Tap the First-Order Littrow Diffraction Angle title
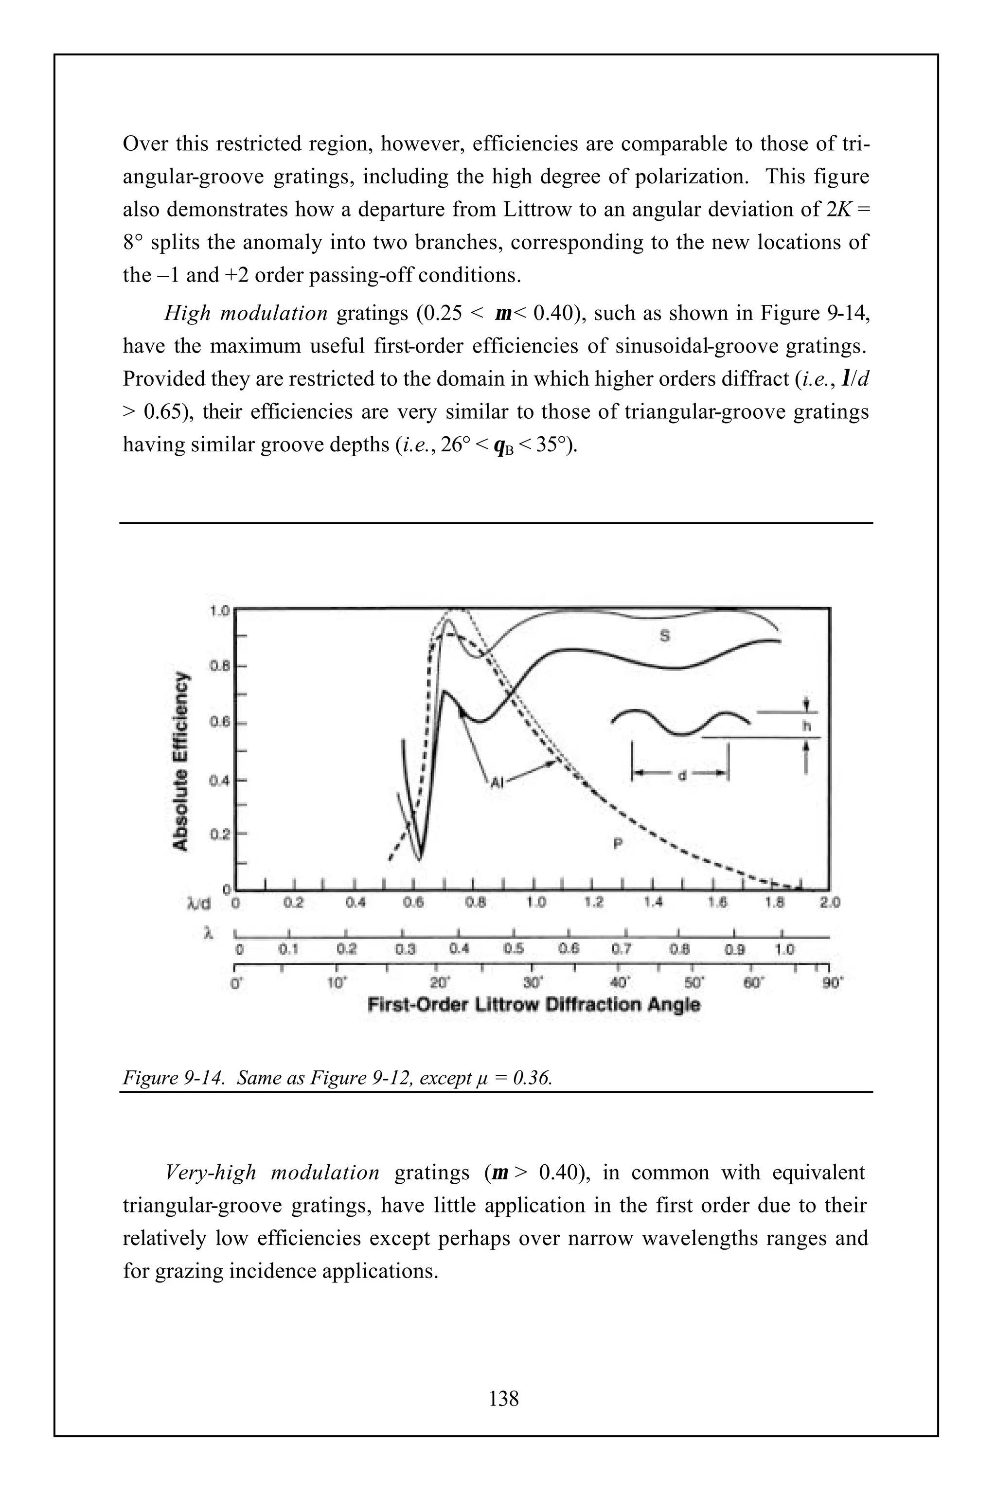pyautogui.click(x=534, y=1004)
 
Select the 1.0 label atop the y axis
pyautogui.click(x=219, y=611)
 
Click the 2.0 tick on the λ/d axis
pyautogui.click(x=830, y=903)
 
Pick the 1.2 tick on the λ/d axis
pyautogui.click(x=594, y=903)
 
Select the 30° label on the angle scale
pyautogui.click(x=533, y=983)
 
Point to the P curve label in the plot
pyautogui.click(x=616, y=844)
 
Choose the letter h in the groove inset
pyautogui.click(x=807, y=727)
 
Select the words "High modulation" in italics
pyautogui.click(x=247, y=313)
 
